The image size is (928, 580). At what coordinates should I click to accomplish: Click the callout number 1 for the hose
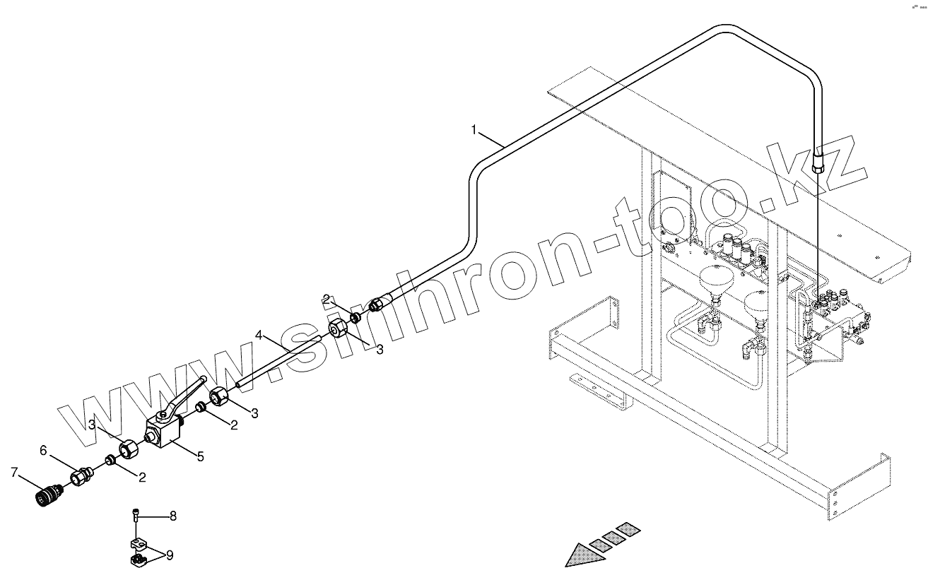(x=475, y=129)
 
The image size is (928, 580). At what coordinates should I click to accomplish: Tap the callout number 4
(x=259, y=334)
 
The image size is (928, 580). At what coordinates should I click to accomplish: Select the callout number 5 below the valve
(x=201, y=457)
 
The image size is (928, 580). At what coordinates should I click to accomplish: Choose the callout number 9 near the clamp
(x=170, y=555)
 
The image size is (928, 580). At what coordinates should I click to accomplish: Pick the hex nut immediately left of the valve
(x=128, y=448)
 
